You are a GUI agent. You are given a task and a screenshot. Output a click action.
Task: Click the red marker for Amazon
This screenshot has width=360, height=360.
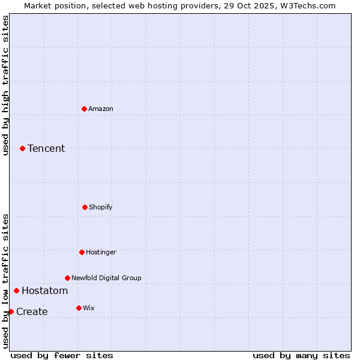[84, 109]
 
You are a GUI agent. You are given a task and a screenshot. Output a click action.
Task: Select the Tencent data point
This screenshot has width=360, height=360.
[22, 148]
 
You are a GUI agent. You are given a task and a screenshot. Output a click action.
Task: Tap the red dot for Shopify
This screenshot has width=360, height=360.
[85, 207]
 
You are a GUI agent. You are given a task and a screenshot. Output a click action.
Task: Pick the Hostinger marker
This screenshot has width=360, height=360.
[82, 252]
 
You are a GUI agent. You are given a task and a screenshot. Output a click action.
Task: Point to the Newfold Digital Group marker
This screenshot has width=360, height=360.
[67, 278]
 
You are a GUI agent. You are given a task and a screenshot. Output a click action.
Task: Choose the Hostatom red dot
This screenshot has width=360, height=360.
[16, 290]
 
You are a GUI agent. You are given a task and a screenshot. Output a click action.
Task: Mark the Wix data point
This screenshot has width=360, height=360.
[79, 308]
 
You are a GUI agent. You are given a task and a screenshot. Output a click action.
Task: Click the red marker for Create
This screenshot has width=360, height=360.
[11, 311]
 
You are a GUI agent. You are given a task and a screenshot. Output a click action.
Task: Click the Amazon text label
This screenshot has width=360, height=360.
[101, 109]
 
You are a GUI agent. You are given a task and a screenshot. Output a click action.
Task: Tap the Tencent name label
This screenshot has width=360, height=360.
[46, 148]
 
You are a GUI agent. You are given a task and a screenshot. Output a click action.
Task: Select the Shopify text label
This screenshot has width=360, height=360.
[101, 207]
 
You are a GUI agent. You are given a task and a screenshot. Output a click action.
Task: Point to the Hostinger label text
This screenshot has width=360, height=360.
[101, 252]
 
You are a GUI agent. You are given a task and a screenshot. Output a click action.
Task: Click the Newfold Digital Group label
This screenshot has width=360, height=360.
[106, 278]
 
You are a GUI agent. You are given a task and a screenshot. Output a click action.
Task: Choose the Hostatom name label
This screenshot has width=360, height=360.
[44, 290]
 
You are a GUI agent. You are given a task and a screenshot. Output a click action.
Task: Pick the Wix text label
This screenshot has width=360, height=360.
[89, 308]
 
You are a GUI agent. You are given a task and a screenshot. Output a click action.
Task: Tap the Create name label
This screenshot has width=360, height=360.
[32, 311]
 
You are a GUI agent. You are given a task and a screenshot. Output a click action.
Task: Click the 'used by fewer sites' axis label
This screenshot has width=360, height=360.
[62, 355]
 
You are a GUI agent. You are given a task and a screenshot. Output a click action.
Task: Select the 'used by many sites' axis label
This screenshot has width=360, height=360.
[301, 355]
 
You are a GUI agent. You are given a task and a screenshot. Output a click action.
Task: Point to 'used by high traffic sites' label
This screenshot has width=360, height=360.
[5, 85]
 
